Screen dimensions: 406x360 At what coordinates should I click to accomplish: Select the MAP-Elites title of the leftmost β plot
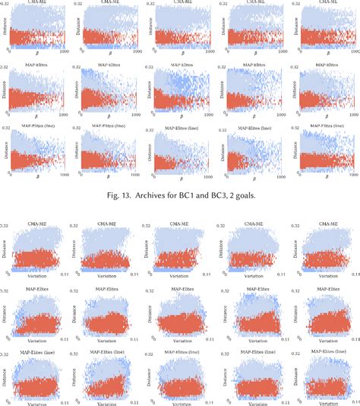pos(37,66)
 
